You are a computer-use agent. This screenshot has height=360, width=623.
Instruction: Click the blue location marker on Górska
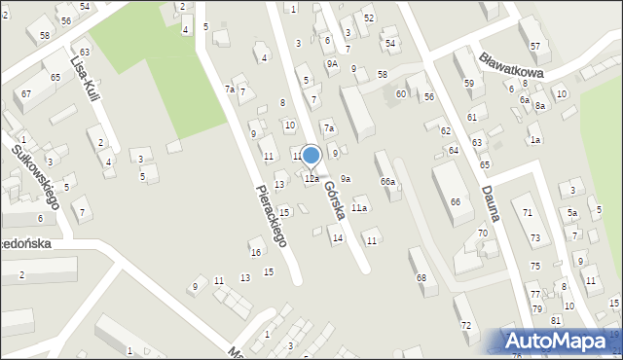311,156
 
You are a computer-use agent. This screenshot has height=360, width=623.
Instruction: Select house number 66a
387,182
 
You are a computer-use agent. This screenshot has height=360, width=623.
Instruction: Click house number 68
421,278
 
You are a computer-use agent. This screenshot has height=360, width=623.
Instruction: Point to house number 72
465,325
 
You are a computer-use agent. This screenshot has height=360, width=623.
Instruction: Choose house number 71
528,212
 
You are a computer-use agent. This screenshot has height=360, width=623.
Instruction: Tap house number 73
534,237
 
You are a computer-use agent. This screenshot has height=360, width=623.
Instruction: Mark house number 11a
359,208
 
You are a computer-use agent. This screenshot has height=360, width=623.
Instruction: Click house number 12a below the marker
311,179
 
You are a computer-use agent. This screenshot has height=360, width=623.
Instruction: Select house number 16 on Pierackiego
255,253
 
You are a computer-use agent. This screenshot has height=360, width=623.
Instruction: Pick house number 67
26,93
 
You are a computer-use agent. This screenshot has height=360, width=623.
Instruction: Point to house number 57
534,47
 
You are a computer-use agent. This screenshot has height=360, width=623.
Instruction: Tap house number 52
368,18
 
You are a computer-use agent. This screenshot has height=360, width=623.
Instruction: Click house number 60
400,93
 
